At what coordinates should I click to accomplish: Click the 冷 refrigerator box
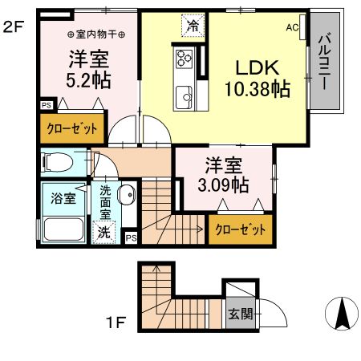[x=193, y=26]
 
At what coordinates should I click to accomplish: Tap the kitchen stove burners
[x=183, y=59]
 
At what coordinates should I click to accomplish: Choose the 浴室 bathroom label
[x=64, y=198]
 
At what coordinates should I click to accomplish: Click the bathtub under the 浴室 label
[x=64, y=231]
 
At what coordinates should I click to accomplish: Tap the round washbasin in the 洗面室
[x=126, y=193]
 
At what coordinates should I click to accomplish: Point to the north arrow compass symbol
[x=341, y=312]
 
